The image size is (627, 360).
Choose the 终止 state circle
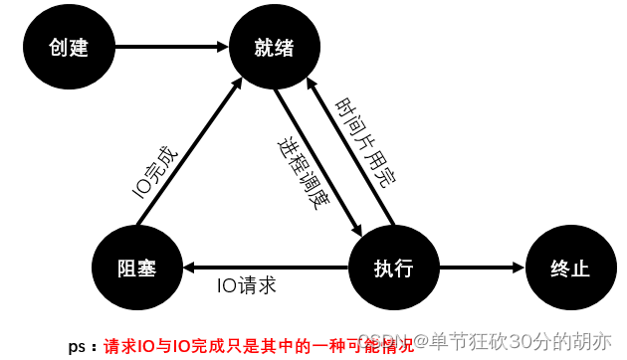[x=569, y=268]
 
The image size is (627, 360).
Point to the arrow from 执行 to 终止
[x=478, y=268]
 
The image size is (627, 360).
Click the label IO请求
[x=246, y=285]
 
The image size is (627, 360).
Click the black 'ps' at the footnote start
[x=76, y=347]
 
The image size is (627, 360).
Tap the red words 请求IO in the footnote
[x=128, y=346]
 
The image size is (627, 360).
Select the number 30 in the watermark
[x=519, y=341]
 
